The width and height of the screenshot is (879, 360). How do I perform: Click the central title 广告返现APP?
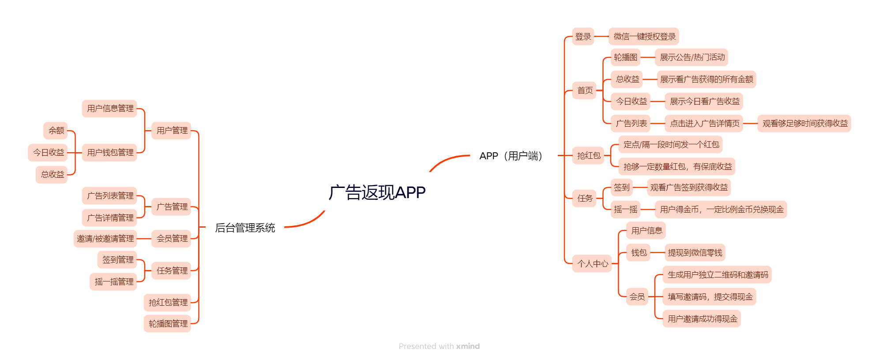pos(377,192)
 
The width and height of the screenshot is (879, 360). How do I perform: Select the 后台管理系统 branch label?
pos(245,228)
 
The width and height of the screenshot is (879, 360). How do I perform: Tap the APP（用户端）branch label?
pos(511,156)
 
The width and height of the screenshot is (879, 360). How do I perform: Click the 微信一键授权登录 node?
pos(644,37)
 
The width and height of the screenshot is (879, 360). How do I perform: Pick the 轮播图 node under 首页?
pos(625,57)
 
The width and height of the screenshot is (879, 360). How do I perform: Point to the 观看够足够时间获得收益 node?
pos(804,124)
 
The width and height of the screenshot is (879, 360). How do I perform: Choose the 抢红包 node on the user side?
pos(588,156)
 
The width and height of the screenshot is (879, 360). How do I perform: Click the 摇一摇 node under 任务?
pos(625,210)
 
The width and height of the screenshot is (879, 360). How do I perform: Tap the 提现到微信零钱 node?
pos(695,253)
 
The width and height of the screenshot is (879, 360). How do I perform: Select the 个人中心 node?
pos(592,264)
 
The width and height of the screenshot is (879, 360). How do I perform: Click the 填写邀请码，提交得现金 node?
pos(710,297)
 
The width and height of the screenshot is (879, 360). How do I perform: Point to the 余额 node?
pos(56,131)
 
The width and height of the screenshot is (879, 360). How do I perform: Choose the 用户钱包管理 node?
pos(110,153)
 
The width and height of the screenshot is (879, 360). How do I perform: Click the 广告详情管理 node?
pos(110,218)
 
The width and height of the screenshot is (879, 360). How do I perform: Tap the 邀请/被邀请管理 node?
pos(105,239)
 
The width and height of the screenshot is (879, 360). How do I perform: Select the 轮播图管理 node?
pos(168,324)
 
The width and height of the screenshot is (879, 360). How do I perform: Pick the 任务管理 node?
pos(172,271)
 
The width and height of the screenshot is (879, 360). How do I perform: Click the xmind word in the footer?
pos(468,346)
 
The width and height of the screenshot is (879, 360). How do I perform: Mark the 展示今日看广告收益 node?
pos(704,101)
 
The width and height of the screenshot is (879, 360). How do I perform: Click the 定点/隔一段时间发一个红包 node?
pos(671,145)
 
